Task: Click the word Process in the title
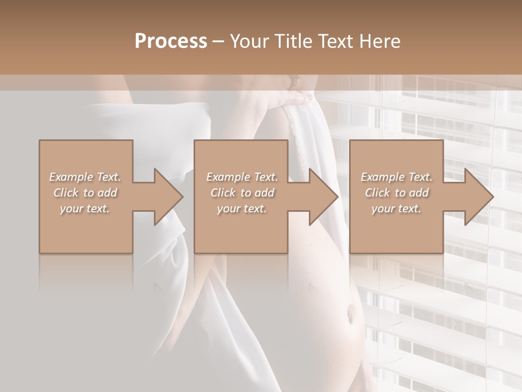[171, 41]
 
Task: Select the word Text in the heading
[335, 41]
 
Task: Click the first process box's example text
[85, 193]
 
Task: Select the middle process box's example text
[241, 193]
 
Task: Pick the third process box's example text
[396, 193]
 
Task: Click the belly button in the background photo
[351, 315]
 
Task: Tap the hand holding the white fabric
[299, 99]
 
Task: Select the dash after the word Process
[219, 42]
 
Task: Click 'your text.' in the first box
[85, 209]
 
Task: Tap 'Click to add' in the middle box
[242, 193]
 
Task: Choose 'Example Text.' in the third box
[396, 177]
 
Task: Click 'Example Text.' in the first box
[85, 177]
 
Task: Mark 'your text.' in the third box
[396, 209]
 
